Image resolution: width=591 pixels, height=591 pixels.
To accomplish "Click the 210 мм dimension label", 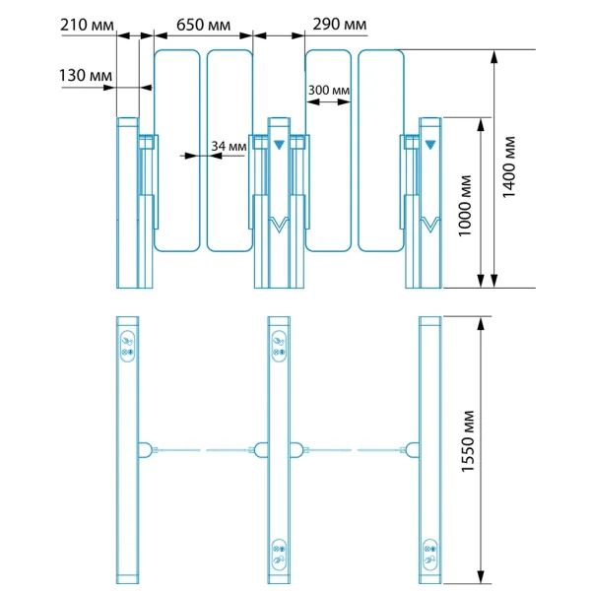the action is pyautogui.click(x=87, y=26).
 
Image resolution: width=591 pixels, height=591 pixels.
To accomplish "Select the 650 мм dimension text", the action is pyautogui.click(x=203, y=26).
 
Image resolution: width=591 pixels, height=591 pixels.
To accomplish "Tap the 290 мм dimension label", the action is pyautogui.click(x=339, y=24).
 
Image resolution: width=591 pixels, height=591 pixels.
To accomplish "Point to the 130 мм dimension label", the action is pyautogui.click(x=86, y=76).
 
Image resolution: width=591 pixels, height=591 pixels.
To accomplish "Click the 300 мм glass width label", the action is pyautogui.click(x=329, y=91).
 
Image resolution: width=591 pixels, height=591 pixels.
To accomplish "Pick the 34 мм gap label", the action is pyautogui.click(x=229, y=146).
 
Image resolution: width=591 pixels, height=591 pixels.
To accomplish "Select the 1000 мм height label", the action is pyautogui.click(x=465, y=206).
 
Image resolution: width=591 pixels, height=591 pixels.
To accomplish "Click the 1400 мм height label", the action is pyautogui.click(x=508, y=167).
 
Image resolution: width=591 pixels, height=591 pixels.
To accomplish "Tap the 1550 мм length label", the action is pyautogui.click(x=467, y=441).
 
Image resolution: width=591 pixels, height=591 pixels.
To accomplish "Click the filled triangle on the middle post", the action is pyautogui.click(x=279, y=145).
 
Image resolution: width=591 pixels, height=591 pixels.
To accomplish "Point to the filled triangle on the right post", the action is pyautogui.click(x=430, y=145).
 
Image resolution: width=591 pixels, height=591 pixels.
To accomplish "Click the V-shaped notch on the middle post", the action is pyautogui.click(x=279, y=225).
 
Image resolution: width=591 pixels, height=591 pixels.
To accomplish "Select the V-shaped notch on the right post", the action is pyautogui.click(x=430, y=225).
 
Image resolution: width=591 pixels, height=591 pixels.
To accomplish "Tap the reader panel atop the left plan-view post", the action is pyautogui.click(x=127, y=346).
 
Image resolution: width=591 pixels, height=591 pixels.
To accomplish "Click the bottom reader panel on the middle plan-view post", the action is pyautogui.click(x=279, y=555).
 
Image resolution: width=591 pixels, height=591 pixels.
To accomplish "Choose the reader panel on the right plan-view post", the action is pyautogui.click(x=430, y=555).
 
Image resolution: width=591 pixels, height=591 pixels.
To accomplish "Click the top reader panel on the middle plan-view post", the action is pyautogui.click(x=279, y=346).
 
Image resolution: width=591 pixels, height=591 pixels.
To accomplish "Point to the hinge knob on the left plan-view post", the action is pyautogui.click(x=145, y=450).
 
